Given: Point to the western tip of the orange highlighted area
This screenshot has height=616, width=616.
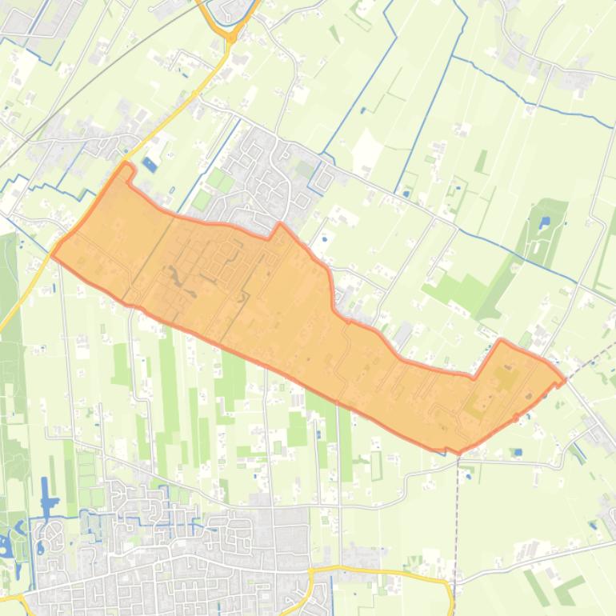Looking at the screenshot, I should pos(53,254).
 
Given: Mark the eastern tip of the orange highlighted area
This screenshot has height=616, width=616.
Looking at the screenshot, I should pos(565,380).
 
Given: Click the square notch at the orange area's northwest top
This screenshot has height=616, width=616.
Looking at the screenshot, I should pos(125,168).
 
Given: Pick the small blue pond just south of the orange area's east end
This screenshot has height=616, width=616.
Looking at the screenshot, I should pos(518,453).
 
